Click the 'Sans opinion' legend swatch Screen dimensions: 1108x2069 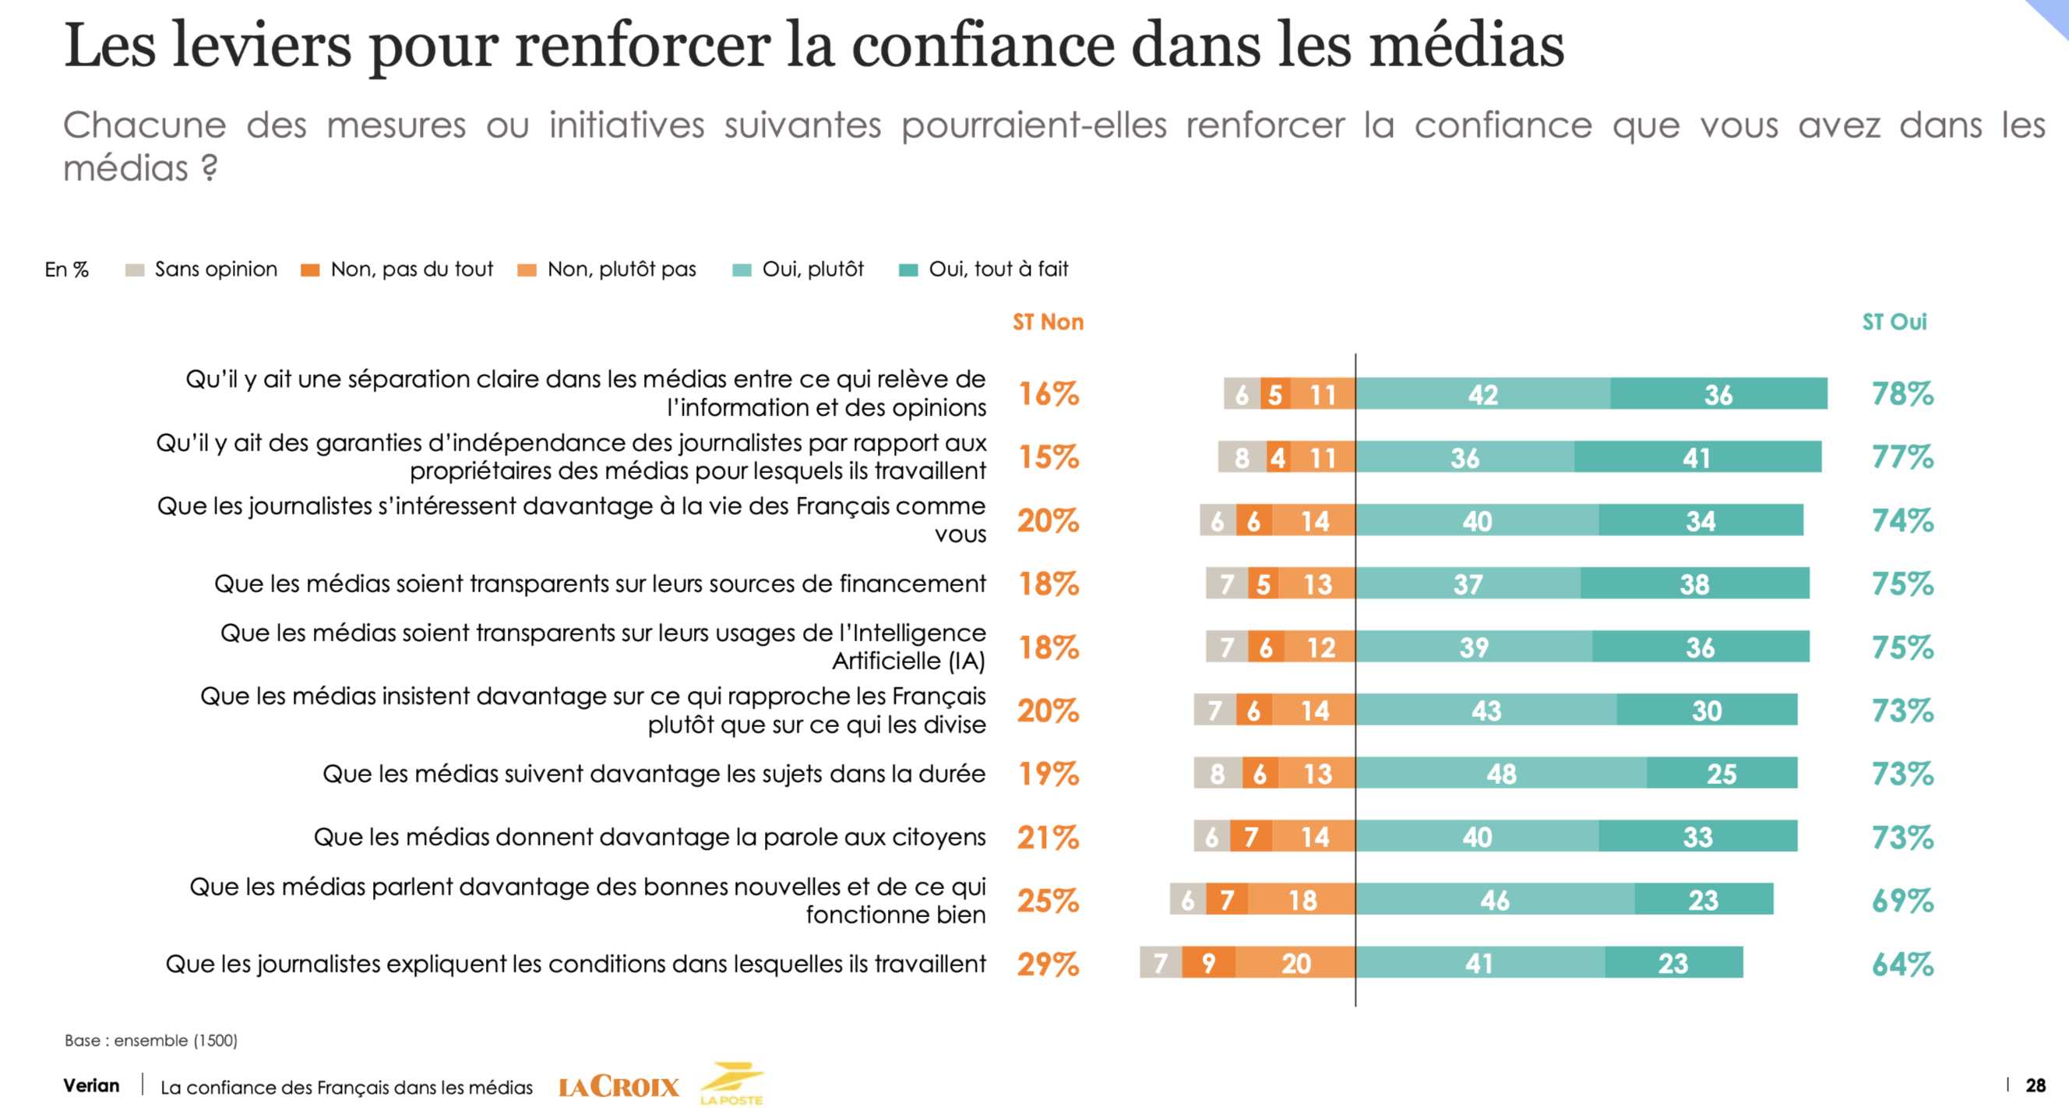[135, 270]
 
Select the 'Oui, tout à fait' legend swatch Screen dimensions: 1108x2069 [908, 270]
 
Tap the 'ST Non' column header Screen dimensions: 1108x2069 [1047, 323]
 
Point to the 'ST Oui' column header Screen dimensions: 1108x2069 [1894, 323]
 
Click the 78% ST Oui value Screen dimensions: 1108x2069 [1902, 393]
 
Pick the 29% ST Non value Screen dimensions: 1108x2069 [1047, 963]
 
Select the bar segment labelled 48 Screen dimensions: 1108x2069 [1500, 773]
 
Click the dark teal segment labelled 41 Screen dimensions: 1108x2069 [1697, 457]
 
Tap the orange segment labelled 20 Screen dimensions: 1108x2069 [1295, 962]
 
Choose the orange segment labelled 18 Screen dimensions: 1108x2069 [1301, 900]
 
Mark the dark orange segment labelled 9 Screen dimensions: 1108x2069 [1208, 962]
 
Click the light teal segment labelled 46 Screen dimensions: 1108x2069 [1495, 900]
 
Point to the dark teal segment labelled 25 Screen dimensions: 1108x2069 [1722, 773]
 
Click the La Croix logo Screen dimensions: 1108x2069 [619, 1086]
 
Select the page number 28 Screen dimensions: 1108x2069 [2036, 1085]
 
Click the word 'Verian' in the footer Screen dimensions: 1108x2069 [92, 1085]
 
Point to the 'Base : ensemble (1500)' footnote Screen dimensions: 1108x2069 [151, 1040]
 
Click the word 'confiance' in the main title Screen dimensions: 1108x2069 [982, 45]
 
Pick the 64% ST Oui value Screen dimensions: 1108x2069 [1902, 963]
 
